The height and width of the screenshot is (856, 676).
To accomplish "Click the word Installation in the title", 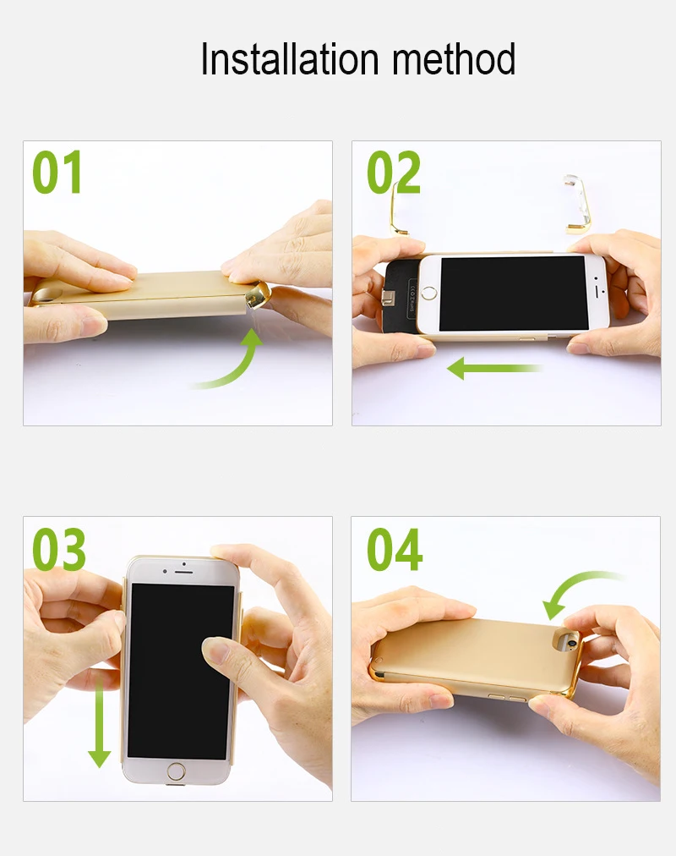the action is (290, 58).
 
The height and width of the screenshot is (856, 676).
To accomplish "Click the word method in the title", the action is (454, 58).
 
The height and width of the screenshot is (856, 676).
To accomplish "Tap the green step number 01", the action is (57, 173).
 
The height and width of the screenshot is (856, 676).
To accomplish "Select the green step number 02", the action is (394, 173).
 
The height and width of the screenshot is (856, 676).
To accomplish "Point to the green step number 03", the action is (59, 549).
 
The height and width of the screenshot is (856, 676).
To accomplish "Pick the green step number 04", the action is (395, 549).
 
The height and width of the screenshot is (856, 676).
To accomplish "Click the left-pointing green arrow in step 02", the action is (494, 369).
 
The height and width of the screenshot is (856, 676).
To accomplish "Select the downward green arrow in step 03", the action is (99, 722).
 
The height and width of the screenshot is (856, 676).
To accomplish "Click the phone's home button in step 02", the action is (430, 293).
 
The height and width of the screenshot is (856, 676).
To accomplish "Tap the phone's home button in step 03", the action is (176, 772).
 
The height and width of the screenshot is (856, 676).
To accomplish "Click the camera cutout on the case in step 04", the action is (567, 641).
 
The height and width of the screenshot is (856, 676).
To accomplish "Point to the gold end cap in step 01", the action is (258, 295).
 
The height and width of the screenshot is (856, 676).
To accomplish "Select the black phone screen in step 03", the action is (181, 671).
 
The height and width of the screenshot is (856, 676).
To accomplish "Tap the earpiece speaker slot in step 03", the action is (183, 572).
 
